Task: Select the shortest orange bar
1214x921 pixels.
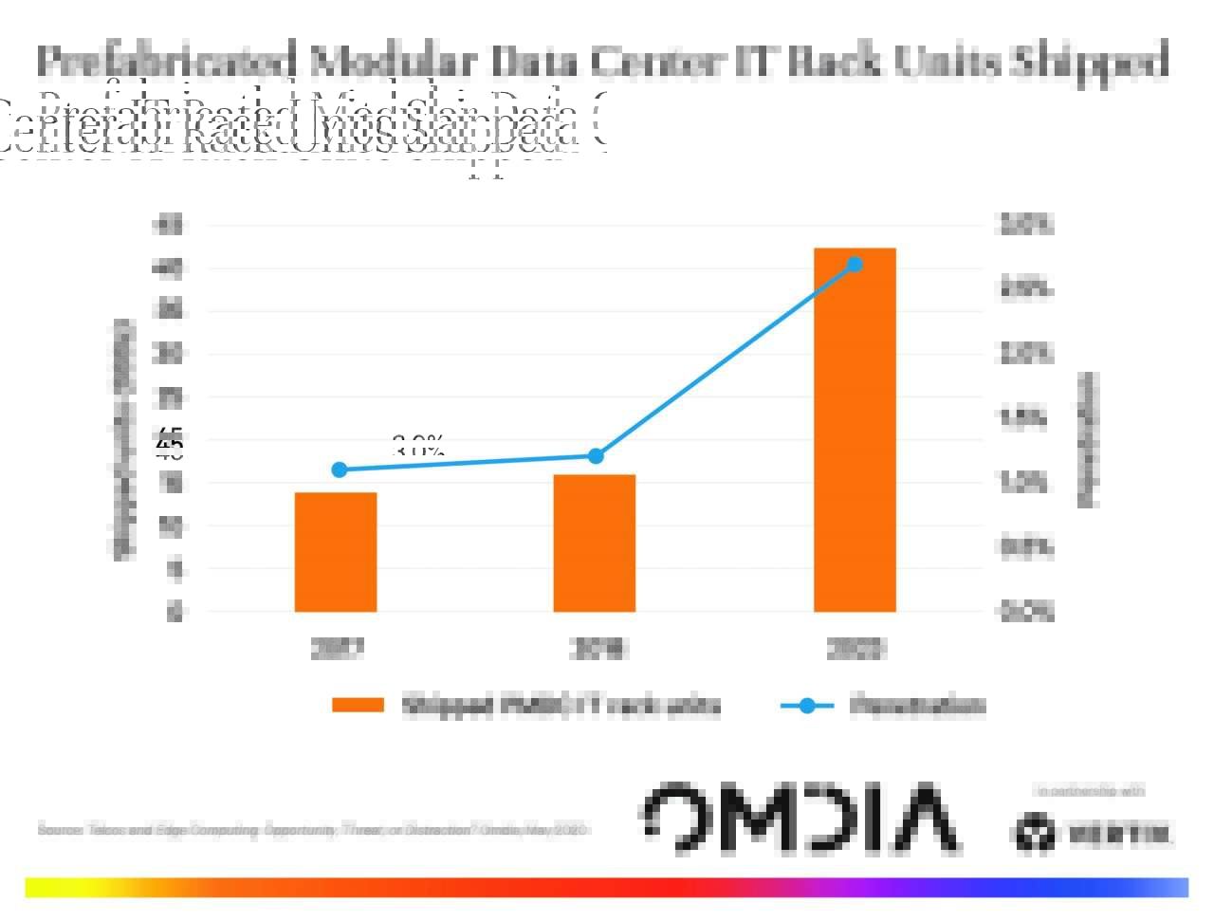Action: (336, 552)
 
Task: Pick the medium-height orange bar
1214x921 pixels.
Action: (595, 543)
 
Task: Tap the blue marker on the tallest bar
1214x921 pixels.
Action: (855, 265)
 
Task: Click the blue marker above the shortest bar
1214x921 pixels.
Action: (340, 470)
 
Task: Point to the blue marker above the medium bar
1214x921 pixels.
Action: (596, 456)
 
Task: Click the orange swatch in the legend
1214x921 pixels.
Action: (358, 705)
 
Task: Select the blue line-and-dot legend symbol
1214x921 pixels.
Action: (806, 706)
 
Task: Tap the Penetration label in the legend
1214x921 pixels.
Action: (917, 706)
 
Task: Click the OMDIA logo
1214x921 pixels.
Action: (800, 817)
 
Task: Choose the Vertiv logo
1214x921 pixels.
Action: (1092, 834)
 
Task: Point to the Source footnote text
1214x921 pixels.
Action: (313, 830)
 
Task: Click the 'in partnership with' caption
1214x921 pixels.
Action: (1091, 791)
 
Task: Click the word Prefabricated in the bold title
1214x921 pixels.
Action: (166, 61)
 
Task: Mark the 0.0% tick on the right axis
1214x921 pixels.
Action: (1026, 612)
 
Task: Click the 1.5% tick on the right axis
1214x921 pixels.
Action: (1024, 417)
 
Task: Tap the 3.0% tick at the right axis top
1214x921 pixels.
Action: (1026, 225)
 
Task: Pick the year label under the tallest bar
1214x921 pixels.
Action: (855, 649)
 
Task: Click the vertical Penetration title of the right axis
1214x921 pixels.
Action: (1088, 439)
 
